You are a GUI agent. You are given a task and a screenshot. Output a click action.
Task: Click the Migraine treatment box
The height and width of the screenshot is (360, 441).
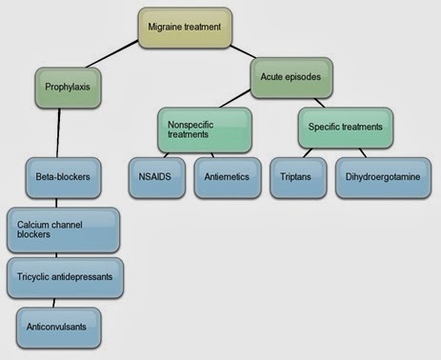(x=185, y=28)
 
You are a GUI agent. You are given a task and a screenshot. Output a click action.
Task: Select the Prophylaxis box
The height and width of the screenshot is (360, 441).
(x=68, y=88)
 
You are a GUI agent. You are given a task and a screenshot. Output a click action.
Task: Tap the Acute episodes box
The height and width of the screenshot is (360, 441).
(x=291, y=78)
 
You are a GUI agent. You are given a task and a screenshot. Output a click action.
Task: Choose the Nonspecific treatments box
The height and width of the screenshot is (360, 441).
(x=205, y=130)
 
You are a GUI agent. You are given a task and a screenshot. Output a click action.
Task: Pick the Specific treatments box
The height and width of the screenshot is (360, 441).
(x=346, y=128)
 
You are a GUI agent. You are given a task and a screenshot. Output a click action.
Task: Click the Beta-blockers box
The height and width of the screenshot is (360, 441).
(x=64, y=178)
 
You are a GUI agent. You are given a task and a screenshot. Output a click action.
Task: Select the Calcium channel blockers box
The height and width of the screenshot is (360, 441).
(x=64, y=230)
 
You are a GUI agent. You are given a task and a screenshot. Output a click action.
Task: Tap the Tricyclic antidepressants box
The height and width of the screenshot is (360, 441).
(x=65, y=278)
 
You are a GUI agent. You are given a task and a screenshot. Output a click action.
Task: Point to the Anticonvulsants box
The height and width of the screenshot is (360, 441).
(x=59, y=328)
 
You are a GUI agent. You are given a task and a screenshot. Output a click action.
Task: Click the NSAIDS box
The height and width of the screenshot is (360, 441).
(x=157, y=178)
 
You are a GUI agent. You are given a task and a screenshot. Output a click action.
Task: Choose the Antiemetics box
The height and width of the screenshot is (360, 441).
(x=228, y=178)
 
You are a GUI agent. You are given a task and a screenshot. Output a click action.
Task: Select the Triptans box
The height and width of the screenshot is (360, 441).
(x=298, y=178)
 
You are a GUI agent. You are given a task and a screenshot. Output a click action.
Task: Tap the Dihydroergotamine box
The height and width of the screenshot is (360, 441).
(x=383, y=178)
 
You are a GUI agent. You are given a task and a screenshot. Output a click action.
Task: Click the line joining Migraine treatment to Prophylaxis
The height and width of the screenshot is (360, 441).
(x=112, y=53)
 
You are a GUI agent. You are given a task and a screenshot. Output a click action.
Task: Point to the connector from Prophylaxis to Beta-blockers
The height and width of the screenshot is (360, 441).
(x=58, y=132)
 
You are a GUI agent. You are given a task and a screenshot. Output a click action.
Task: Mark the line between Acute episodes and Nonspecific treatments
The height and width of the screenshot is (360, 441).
(x=235, y=99)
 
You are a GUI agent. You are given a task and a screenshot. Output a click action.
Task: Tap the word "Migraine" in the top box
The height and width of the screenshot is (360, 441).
(x=165, y=27)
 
